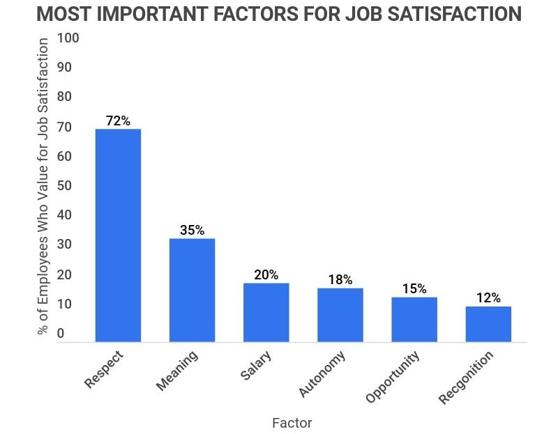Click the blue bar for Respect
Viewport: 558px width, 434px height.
tap(118, 235)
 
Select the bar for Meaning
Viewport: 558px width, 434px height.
tap(192, 290)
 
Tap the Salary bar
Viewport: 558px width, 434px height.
tap(266, 312)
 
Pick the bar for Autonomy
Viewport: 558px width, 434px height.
tap(340, 315)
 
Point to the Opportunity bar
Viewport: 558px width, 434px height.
tap(414, 319)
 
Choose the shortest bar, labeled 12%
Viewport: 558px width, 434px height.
tap(488, 324)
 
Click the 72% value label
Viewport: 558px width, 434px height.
tap(118, 121)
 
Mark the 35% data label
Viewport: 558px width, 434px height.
tap(192, 230)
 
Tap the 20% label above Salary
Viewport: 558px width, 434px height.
tap(266, 274)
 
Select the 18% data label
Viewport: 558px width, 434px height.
tap(340, 279)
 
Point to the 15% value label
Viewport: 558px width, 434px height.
tap(414, 288)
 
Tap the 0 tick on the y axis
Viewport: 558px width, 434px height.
tap(61, 334)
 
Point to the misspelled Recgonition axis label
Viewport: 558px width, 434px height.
tap(465, 378)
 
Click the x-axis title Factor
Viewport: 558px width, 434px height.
tap(292, 422)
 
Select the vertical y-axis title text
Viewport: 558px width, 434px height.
tap(43, 187)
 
